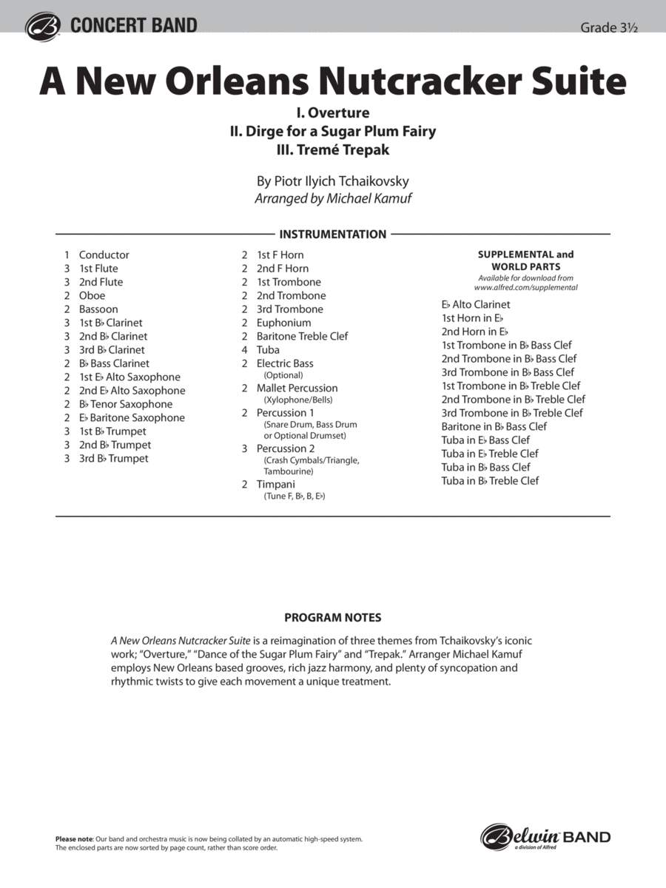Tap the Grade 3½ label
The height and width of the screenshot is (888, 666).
608,27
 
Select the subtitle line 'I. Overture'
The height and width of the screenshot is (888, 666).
332,113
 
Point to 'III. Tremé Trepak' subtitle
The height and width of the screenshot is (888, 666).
332,149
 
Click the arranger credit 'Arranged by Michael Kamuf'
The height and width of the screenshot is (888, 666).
332,198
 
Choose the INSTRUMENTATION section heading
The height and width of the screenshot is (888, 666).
333,235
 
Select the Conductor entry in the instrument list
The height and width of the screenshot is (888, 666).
104,255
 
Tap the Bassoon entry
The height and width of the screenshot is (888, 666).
98,309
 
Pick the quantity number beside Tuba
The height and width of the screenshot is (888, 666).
244,350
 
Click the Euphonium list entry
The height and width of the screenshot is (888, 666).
283,323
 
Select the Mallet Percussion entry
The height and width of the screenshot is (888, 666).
297,388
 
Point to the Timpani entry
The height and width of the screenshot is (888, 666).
275,485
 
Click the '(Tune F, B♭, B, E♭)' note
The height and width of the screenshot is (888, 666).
295,497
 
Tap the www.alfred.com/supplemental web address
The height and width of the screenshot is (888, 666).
525,287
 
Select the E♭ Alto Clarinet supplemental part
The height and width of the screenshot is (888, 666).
476,304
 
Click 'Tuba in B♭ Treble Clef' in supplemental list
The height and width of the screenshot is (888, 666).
490,481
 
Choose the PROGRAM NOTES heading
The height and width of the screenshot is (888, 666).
332,617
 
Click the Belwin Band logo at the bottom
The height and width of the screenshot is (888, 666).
545,837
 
